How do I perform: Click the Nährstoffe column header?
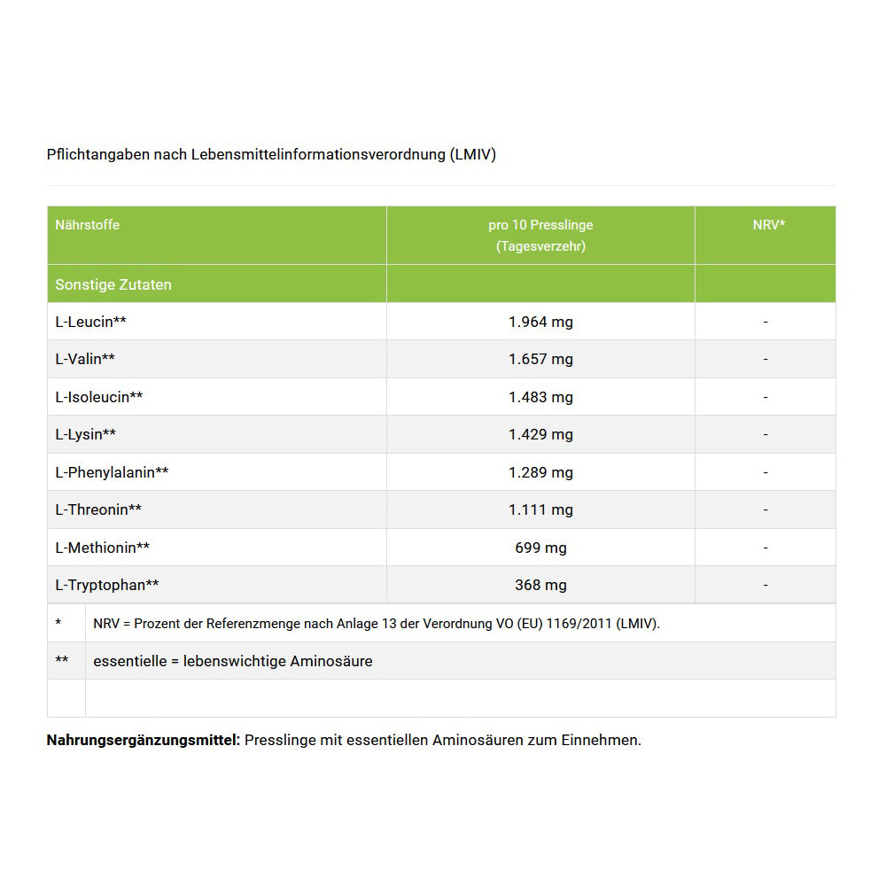point(87,225)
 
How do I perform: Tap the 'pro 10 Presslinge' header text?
point(540,225)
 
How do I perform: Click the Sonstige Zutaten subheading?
point(113,285)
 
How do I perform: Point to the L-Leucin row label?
point(90,322)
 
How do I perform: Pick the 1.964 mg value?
point(540,322)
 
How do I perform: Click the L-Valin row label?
point(85,360)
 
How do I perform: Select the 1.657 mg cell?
point(540,360)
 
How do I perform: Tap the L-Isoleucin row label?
point(98,397)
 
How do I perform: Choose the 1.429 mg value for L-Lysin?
point(540,435)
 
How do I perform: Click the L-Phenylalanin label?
point(112,472)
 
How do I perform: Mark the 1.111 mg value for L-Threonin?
point(540,510)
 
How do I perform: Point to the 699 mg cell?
point(540,548)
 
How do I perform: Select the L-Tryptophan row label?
point(107,586)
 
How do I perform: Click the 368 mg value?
point(540,586)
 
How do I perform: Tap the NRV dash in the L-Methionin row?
point(766,548)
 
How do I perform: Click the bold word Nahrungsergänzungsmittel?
point(144,740)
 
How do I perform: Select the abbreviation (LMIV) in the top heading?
point(472,154)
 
